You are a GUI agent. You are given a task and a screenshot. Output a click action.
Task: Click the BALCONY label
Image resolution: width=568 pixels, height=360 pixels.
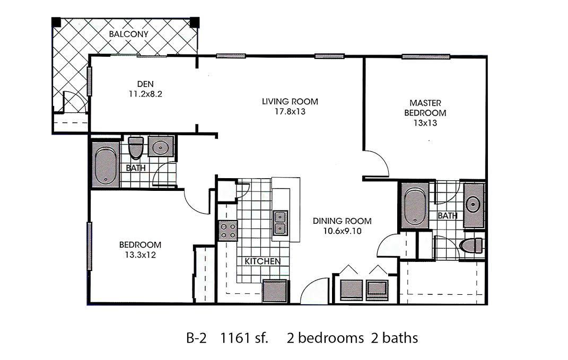128,34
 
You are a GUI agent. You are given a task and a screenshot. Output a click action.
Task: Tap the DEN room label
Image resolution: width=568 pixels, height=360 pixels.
145,84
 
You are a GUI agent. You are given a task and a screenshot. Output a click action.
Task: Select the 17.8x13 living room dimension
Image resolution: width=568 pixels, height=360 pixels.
290,111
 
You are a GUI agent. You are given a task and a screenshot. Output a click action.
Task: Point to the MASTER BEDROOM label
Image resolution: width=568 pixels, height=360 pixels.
425,108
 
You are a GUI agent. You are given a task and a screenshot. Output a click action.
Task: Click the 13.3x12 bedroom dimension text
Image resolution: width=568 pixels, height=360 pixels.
140,255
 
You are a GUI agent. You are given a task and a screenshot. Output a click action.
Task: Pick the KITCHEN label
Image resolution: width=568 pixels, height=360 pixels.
263,261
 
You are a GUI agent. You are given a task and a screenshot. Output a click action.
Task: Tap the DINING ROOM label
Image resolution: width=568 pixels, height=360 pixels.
342,221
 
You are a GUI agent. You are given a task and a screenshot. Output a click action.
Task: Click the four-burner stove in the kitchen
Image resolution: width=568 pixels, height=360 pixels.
228,231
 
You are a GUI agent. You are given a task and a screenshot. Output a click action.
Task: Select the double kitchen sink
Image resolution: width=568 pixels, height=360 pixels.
280,223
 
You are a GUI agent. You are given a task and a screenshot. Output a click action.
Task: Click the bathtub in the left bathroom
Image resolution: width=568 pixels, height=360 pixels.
106,165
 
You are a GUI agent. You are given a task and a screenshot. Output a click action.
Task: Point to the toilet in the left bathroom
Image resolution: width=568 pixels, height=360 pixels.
136,147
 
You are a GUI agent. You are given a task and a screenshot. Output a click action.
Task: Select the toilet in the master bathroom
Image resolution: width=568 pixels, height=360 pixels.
471,245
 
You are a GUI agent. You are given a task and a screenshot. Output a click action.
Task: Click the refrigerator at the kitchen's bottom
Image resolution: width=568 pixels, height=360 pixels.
276,291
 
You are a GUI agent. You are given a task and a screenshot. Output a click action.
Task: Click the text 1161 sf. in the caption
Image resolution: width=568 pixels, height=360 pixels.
244,338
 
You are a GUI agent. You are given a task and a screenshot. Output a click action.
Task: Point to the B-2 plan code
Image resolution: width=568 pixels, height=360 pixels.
196,338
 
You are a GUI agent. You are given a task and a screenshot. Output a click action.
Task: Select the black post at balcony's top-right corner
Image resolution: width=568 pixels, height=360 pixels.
195,22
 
